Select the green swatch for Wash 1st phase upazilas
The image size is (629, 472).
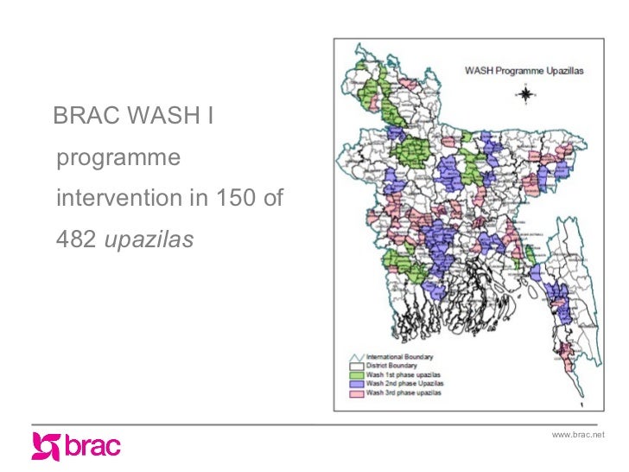tap(355, 374)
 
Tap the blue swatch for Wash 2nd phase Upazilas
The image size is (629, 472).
tap(355, 384)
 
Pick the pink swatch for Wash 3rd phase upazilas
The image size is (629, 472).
tap(355, 393)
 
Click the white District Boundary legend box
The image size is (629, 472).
tap(355, 366)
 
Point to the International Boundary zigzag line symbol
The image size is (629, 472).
tap(355, 356)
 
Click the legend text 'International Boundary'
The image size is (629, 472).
tap(400, 356)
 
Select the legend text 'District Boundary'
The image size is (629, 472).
tap(393, 366)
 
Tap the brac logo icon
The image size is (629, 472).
tap(45, 447)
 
